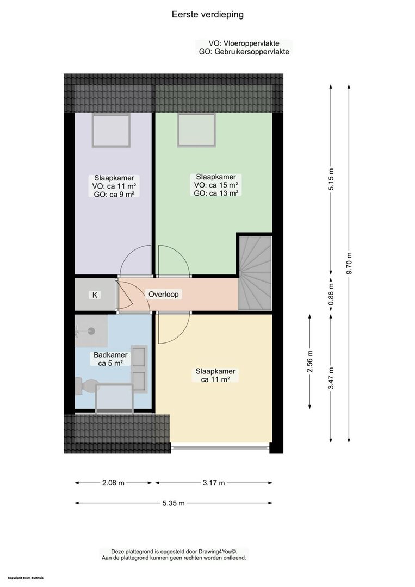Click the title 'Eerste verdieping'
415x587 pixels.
pyautogui.click(x=208, y=15)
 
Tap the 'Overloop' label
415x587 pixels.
pyautogui.click(x=164, y=294)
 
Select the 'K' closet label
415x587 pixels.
pyautogui.click(x=95, y=295)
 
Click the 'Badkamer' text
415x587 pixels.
pyautogui.click(x=110, y=355)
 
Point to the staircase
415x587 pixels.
pyautogui.click(x=255, y=272)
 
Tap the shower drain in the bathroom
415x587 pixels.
pyautogui.click(x=91, y=331)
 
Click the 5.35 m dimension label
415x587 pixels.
pyautogui.click(x=174, y=503)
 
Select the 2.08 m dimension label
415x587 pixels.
pyautogui.click(x=113, y=483)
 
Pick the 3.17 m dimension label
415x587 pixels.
pyautogui.click(x=214, y=483)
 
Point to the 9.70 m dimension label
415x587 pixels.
pyautogui.click(x=349, y=264)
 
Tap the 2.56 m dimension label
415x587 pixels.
pyautogui.click(x=310, y=361)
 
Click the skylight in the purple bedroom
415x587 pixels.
pyautogui.click(x=112, y=130)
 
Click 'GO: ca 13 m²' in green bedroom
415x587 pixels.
pyautogui.click(x=216, y=193)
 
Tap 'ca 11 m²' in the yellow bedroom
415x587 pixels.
pyautogui.click(x=215, y=379)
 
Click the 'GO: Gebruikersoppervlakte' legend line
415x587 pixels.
pyautogui.click(x=244, y=52)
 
